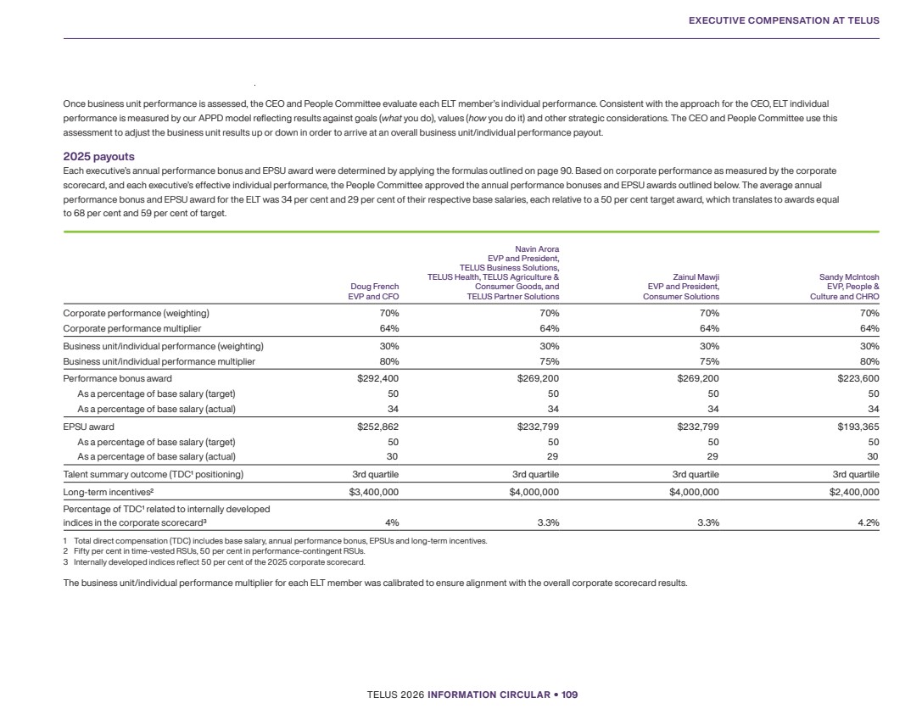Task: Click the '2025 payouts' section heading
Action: coord(98,157)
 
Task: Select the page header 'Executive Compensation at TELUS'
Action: coord(784,20)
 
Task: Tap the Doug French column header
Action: coord(373,292)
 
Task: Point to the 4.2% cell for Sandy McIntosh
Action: coord(868,522)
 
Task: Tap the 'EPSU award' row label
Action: coord(89,427)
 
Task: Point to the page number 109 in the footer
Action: coord(568,695)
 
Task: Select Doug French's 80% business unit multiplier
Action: coord(388,361)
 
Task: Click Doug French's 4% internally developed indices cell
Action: coord(391,522)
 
